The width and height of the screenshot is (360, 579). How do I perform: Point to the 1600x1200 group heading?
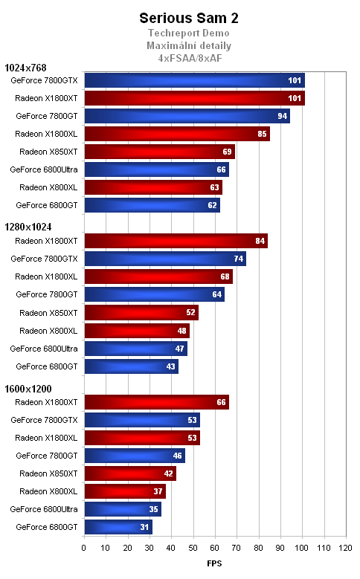[28, 389]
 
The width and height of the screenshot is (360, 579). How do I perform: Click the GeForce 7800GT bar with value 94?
[187, 116]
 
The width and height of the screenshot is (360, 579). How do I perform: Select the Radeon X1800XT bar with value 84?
[176, 241]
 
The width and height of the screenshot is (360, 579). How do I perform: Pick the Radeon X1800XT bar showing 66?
[156, 401]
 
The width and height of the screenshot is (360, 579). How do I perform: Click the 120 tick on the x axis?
[344, 549]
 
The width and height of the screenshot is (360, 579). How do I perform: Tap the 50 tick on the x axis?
[193, 549]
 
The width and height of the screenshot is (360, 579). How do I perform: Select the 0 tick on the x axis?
[84, 549]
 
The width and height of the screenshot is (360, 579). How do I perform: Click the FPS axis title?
[214, 564]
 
